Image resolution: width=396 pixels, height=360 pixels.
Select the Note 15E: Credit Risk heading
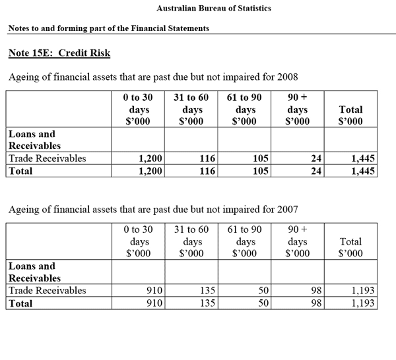(x=59, y=52)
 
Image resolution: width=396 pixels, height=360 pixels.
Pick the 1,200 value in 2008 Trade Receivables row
(x=151, y=158)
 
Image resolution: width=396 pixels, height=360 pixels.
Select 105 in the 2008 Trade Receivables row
(x=259, y=158)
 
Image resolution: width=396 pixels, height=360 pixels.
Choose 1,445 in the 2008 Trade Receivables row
(x=362, y=158)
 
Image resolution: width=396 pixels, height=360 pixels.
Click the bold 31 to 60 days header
(x=191, y=109)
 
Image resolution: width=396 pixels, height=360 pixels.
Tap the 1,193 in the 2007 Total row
(x=363, y=303)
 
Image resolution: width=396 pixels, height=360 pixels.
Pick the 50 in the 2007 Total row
(x=261, y=303)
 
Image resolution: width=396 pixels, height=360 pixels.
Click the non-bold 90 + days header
(x=298, y=241)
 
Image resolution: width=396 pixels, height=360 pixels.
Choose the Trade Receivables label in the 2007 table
(x=47, y=290)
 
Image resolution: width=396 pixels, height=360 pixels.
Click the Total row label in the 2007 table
(x=21, y=303)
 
